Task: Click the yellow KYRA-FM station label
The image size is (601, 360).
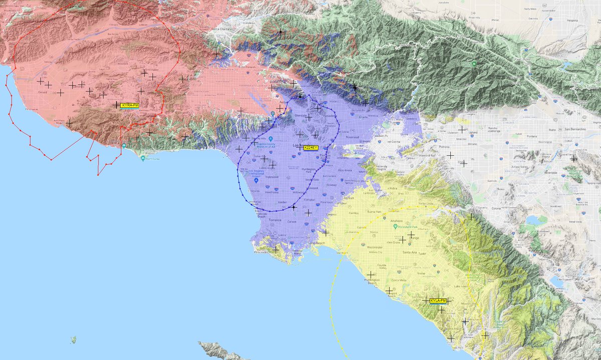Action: coord(129,105)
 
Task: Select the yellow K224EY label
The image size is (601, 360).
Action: coord(311,148)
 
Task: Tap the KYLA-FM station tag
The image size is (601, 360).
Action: coord(438,300)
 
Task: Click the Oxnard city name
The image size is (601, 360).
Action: coord(43,92)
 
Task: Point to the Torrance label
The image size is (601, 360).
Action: coord(275,220)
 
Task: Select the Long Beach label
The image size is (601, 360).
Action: coord(317,243)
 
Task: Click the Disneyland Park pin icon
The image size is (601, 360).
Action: coord(384,210)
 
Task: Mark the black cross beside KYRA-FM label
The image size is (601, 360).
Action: coord(117,105)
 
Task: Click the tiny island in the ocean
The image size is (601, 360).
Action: coord(74,340)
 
